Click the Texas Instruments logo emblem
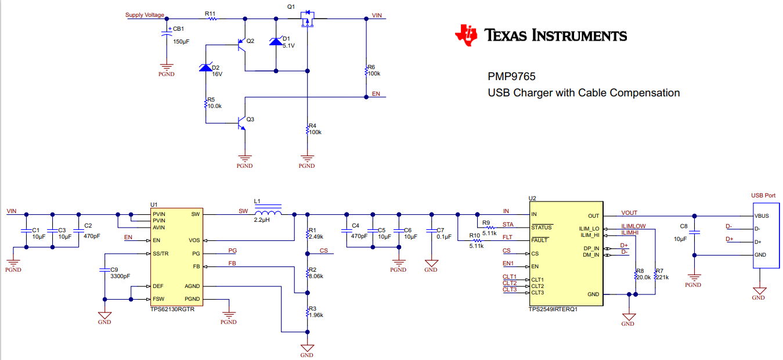click(466, 35)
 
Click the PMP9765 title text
click(511, 77)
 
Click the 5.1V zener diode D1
click(276, 41)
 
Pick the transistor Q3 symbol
click(240, 123)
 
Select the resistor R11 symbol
click(212, 19)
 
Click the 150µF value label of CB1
click(181, 42)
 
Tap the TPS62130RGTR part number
click(172, 310)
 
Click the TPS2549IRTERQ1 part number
click(553, 310)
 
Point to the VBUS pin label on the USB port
click(762, 216)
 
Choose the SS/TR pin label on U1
click(161, 254)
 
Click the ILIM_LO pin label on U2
click(589, 228)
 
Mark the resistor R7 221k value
click(662, 278)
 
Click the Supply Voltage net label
click(145, 15)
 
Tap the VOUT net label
click(629, 213)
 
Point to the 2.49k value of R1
click(316, 237)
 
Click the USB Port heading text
click(763, 196)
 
